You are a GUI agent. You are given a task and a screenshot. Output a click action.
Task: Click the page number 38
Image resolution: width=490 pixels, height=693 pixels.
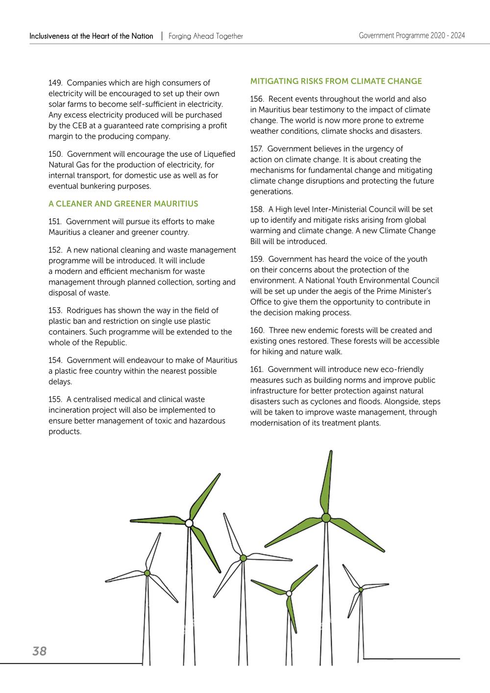(x=39, y=651)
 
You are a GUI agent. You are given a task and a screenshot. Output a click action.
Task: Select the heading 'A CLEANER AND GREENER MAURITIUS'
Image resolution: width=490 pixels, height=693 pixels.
(x=123, y=204)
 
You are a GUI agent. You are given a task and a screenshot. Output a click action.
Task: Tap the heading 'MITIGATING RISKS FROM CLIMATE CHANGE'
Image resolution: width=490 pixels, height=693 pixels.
(x=336, y=81)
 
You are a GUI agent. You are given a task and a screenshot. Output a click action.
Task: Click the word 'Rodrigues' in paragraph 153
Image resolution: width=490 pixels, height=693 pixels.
(x=84, y=310)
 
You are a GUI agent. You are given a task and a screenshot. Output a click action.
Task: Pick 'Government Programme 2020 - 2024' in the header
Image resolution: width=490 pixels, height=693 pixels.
(x=412, y=35)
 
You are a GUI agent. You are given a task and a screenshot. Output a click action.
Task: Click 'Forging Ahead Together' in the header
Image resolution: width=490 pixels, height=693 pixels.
(x=206, y=36)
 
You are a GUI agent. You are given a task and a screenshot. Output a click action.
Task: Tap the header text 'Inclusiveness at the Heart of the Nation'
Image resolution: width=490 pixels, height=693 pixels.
(x=91, y=36)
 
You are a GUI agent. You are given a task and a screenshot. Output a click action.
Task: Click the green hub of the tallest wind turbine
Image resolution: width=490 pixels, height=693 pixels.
(x=326, y=518)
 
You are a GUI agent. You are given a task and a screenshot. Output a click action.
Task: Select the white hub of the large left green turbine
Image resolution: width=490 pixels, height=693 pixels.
(x=189, y=523)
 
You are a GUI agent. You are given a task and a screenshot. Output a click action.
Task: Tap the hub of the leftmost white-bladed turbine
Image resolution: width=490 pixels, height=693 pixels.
(x=147, y=572)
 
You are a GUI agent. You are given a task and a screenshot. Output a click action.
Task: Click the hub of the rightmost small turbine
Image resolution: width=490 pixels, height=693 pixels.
(x=361, y=589)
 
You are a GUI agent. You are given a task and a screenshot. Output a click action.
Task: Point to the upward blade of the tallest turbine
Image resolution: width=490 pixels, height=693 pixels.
(x=329, y=480)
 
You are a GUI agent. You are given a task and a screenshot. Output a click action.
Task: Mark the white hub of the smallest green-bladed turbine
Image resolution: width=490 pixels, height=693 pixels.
(x=289, y=594)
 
